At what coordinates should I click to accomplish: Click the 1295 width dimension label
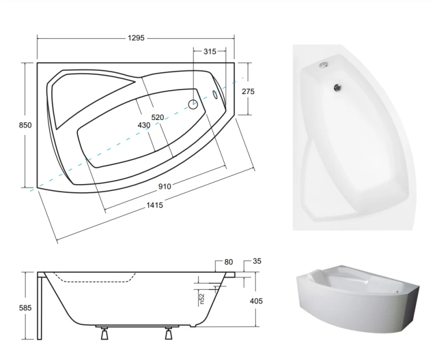click(136, 38)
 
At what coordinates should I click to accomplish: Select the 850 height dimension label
click(25, 125)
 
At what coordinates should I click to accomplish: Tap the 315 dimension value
click(210, 51)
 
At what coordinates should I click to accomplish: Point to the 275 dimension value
click(248, 91)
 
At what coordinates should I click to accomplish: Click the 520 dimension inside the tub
click(158, 118)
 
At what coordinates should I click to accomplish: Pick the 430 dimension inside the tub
click(144, 125)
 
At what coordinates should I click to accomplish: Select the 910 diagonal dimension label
click(165, 186)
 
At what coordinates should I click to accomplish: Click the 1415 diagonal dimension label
click(155, 205)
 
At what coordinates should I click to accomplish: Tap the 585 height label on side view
click(25, 308)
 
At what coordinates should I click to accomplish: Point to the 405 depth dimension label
click(256, 301)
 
